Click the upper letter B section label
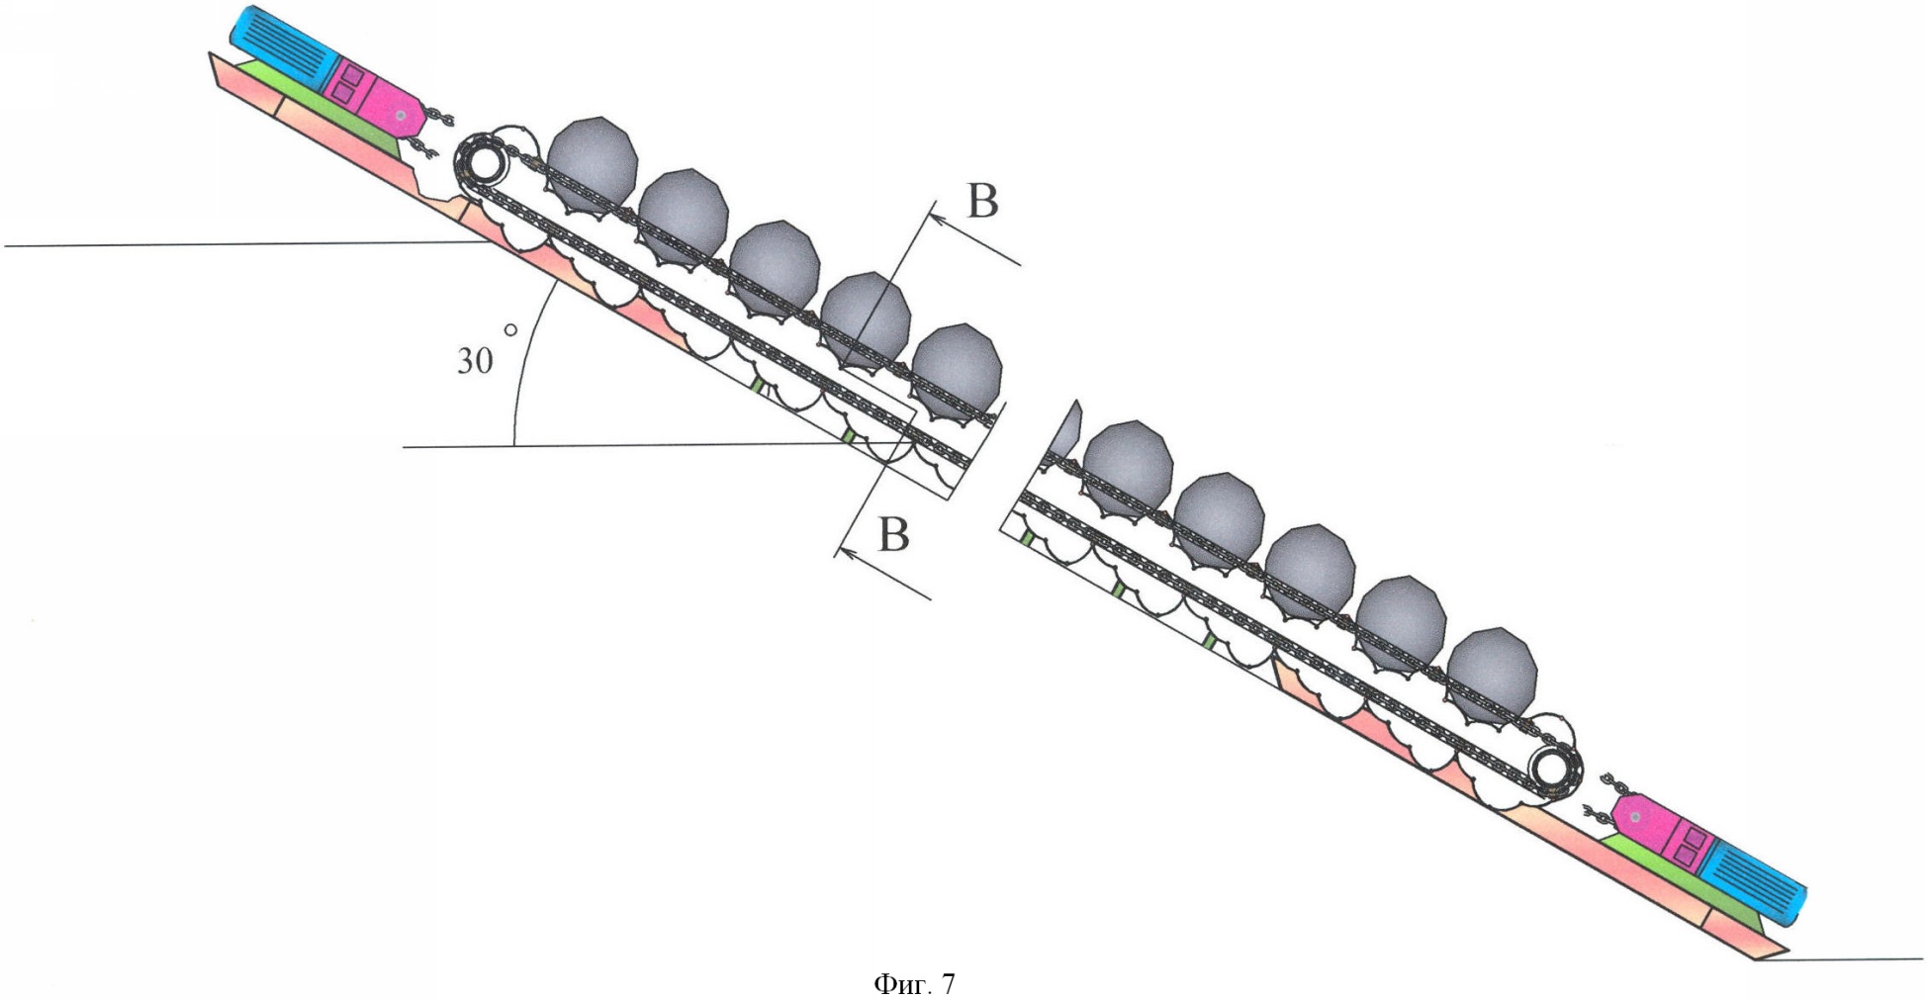coord(982,201)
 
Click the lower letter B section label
coord(893,535)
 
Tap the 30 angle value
coord(474,361)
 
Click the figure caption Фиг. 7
coord(914,984)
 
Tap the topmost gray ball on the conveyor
coord(592,161)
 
